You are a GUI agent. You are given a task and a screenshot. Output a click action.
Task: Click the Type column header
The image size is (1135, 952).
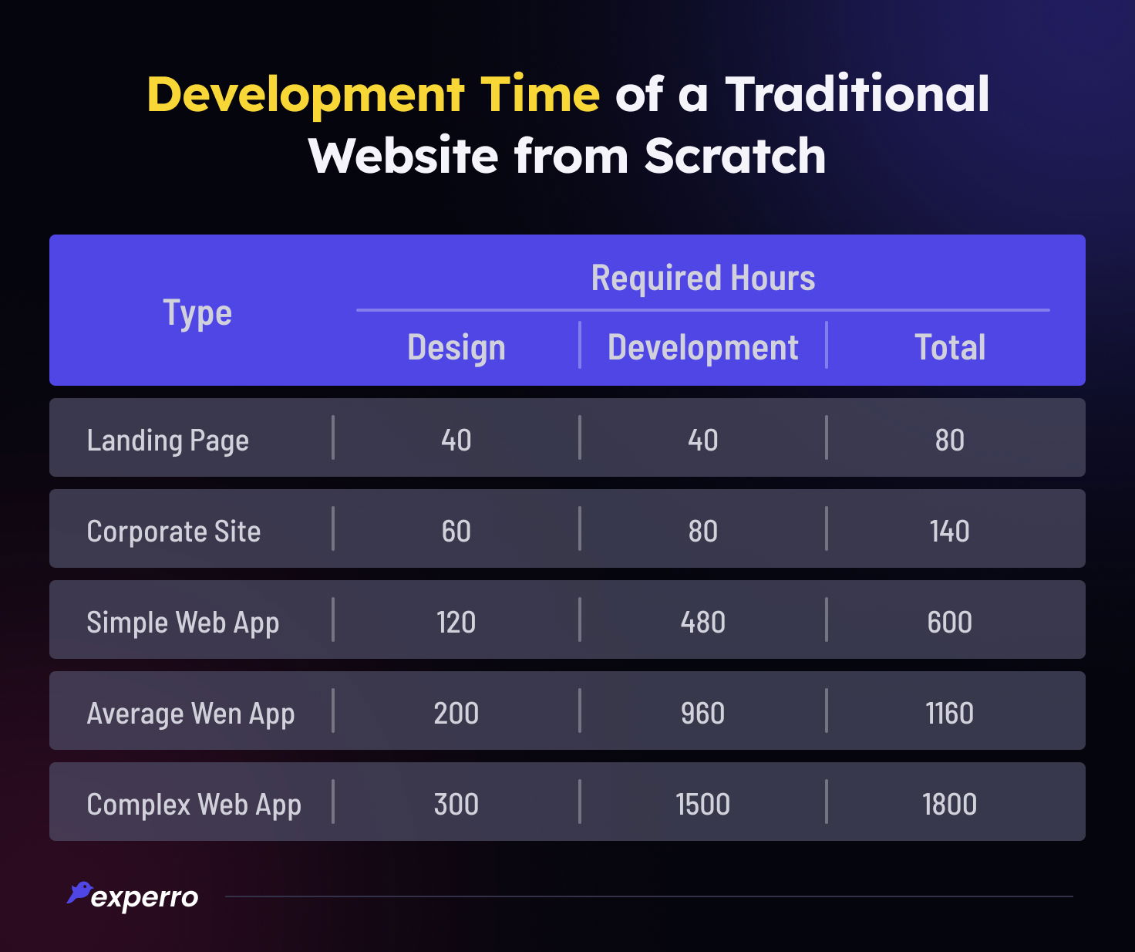tap(197, 313)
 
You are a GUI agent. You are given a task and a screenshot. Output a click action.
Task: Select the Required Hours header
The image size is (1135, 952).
tap(702, 278)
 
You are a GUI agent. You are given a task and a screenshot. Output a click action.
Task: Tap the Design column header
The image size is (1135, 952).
tap(456, 347)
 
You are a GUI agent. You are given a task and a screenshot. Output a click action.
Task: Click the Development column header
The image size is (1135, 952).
tap(702, 347)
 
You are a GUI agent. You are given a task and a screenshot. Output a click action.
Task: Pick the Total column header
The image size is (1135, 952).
tap(949, 347)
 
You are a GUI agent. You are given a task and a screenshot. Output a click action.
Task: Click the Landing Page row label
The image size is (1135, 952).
tap(167, 441)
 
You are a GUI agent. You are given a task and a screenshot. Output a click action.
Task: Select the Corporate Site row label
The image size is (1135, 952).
tap(173, 532)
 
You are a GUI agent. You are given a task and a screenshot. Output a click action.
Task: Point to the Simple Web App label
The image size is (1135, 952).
tap(183, 623)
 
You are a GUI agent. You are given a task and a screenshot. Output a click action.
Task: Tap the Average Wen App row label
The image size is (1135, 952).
tap(190, 714)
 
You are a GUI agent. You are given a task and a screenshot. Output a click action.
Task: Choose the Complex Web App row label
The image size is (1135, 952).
tap(194, 805)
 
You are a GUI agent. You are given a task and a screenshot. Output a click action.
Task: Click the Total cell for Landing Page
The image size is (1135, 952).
tap(949, 441)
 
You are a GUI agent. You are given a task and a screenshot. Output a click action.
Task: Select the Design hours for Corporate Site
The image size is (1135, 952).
tap(456, 532)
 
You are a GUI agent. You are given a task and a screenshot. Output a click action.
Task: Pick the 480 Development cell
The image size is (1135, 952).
tap(702, 623)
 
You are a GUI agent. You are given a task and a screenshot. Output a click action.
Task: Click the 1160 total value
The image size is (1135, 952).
tap(949, 714)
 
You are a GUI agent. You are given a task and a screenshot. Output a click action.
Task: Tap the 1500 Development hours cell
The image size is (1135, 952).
tap(702, 805)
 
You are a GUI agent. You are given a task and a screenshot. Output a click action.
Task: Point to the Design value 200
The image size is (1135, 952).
tap(456, 714)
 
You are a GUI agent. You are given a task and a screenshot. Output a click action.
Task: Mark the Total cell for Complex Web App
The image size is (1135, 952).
tap(949, 805)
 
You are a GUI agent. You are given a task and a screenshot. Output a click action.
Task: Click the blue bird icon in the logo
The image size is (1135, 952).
tap(79, 893)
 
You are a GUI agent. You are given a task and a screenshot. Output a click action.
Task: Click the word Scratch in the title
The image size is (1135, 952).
tap(735, 156)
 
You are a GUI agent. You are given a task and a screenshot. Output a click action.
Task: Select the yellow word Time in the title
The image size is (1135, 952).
tap(540, 94)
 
